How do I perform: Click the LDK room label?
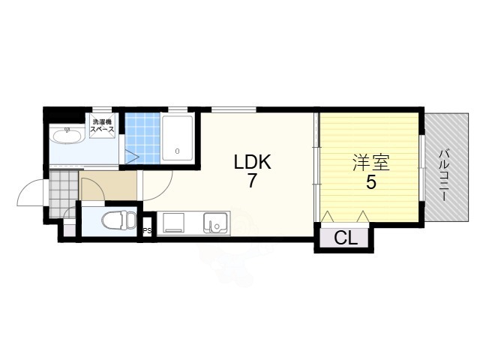[253, 162]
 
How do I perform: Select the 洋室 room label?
[371, 163]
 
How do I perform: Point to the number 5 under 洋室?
[371, 182]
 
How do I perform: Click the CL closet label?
[346, 238]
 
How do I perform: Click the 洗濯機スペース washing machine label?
[102, 125]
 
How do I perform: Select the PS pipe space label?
[148, 230]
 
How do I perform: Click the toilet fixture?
[118, 220]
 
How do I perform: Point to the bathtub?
[177, 138]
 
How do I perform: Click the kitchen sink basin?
[215, 223]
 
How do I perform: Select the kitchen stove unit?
[173, 223]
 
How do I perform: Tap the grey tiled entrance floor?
[63, 193]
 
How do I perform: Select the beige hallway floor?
[108, 186]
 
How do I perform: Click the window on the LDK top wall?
[234, 109]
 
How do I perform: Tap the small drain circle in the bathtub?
[177, 151]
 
